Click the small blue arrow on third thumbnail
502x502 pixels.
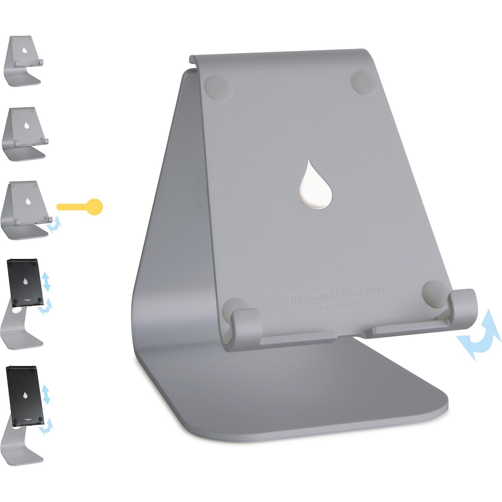(54, 225)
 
